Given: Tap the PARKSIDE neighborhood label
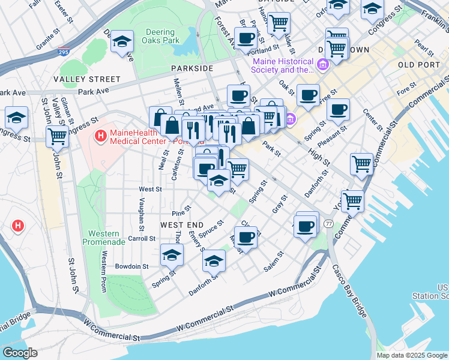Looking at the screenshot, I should coord(191,68).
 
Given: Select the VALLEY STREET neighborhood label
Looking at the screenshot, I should coord(86,79).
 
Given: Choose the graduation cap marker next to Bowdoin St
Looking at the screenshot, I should coord(172,255).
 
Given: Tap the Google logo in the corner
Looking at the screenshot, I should coord(20,353).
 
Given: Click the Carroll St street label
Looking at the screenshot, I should coord(142,238).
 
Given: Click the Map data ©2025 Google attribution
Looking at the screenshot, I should coord(412,355).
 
